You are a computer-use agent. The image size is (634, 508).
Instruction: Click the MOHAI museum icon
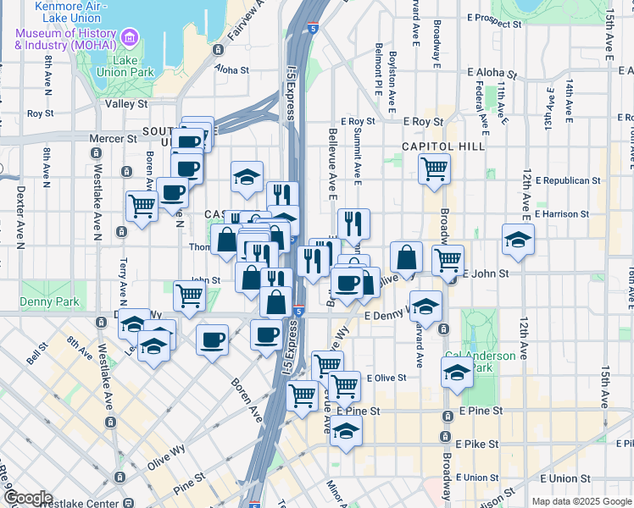click(x=130, y=37)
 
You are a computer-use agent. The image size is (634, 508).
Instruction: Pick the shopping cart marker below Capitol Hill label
click(x=434, y=168)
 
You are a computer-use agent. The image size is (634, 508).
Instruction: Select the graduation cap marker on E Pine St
click(x=346, y=431)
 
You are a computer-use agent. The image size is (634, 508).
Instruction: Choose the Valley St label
click(x=125, y=104)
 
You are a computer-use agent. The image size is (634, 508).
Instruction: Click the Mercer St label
click(x=120, y=138)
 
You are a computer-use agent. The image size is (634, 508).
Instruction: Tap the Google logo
click(x=27, y=498)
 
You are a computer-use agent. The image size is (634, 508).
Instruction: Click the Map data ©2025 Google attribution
click(x=581, y=501)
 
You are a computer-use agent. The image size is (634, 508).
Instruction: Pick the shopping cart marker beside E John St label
click(x=448, y=260)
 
